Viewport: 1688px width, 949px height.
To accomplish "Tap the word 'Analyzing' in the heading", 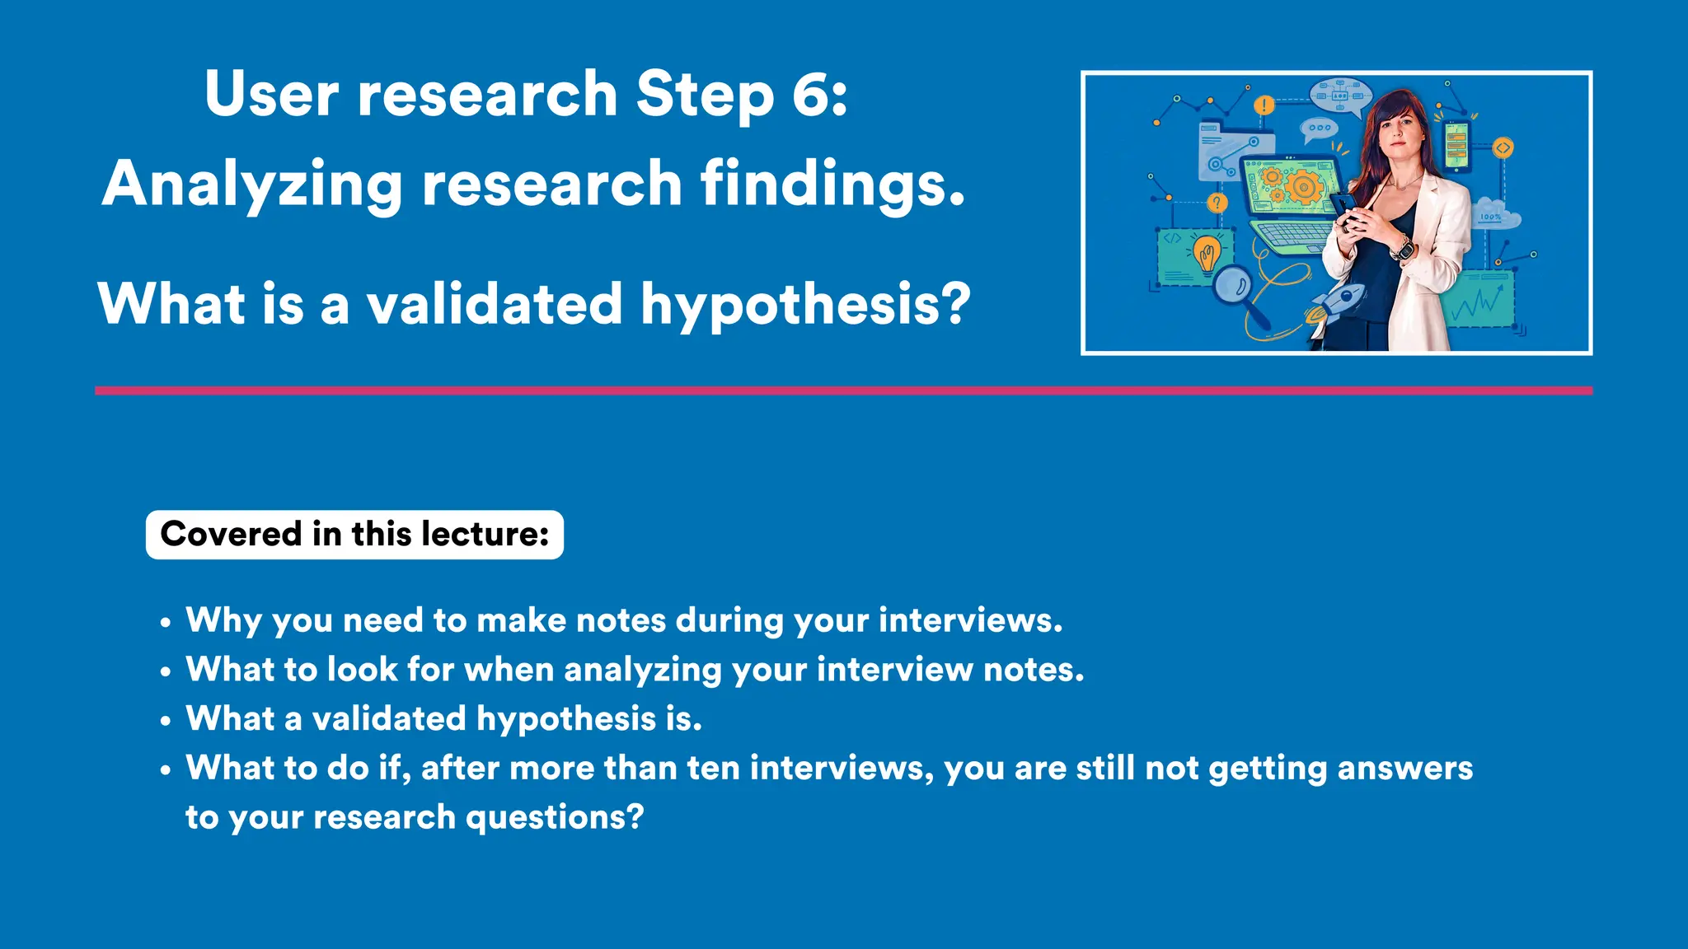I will (252, 185).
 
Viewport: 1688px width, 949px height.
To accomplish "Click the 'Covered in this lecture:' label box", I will (354, 535).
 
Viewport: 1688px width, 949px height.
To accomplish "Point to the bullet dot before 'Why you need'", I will (166, 624).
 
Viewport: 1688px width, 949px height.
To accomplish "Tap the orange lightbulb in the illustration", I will (1207, 253).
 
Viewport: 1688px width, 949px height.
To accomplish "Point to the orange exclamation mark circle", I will (1264, 105).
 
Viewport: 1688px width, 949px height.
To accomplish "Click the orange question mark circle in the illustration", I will (1217, 203).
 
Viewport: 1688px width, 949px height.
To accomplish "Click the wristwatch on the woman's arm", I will (1402, 246).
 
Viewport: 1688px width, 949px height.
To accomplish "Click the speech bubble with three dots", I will (1320, 129).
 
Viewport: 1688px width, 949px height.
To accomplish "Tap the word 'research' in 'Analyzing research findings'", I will (551, 185).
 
